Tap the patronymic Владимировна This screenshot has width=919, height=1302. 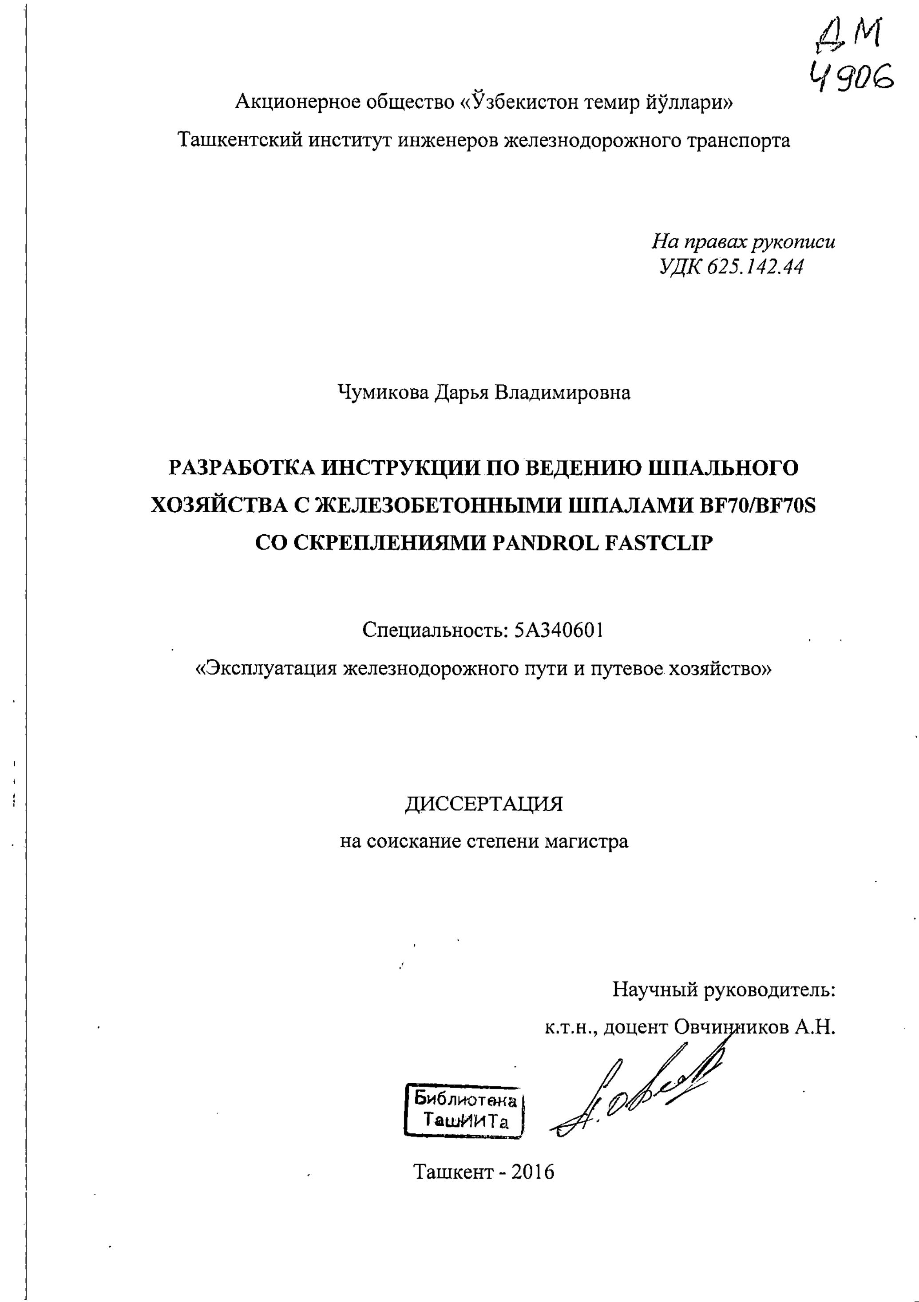(563, 392)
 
